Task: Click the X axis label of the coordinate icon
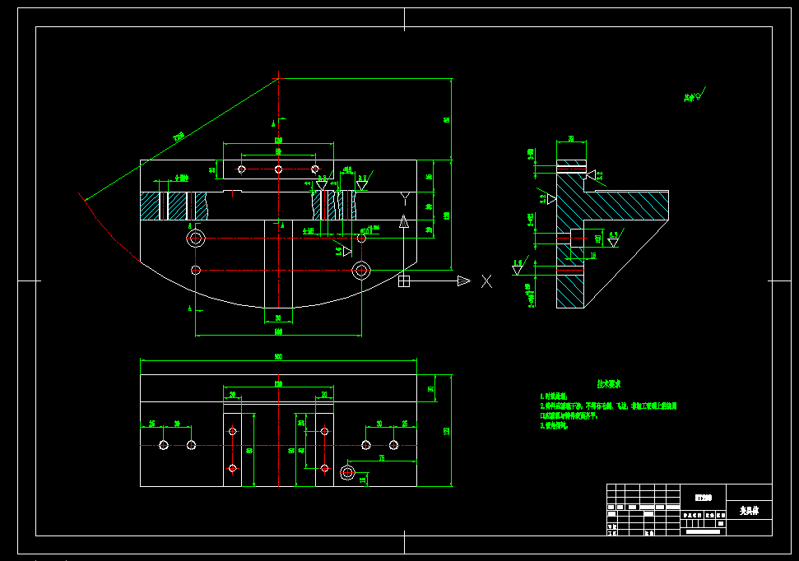[x=486, y=281]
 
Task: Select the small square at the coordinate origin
[x=403, y=281]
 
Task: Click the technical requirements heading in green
[x=609, y=384]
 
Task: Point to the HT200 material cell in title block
[x=704, y=497]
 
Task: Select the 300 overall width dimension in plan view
[x=278, y=357]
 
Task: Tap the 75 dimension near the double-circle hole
[x=382, y=457]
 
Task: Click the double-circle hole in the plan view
[x=346, y=472]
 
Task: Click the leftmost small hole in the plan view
[x=164, y=445]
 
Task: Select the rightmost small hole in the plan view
[x=394, y=445]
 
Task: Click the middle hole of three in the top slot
[x=278, y=169]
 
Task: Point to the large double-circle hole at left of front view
[x=196, y=239]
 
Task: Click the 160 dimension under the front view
[x=278, y=331]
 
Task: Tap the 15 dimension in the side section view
[x=593, y=256]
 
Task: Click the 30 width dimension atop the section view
[x=571, y=139]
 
